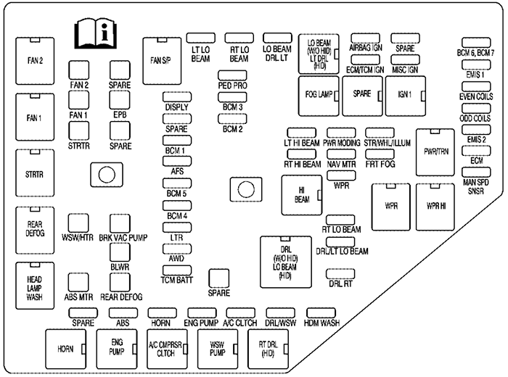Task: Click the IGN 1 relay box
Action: pyautogui.click(x=404, y=94)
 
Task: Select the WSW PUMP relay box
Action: pyautogui.click(x=216, y=349)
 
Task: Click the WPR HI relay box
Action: pyautogui.click(x=435, y=206)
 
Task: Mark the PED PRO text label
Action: pyautogui.click(x=234, y=86)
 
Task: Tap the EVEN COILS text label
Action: pyautogui.click(x=475, y=96)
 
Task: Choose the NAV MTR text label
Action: pyautogui.click(x=342, y=165)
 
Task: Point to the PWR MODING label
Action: pyautogui.click(x=342, y=144)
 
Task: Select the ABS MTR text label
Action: pyautogui.click(x=80, y=297)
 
